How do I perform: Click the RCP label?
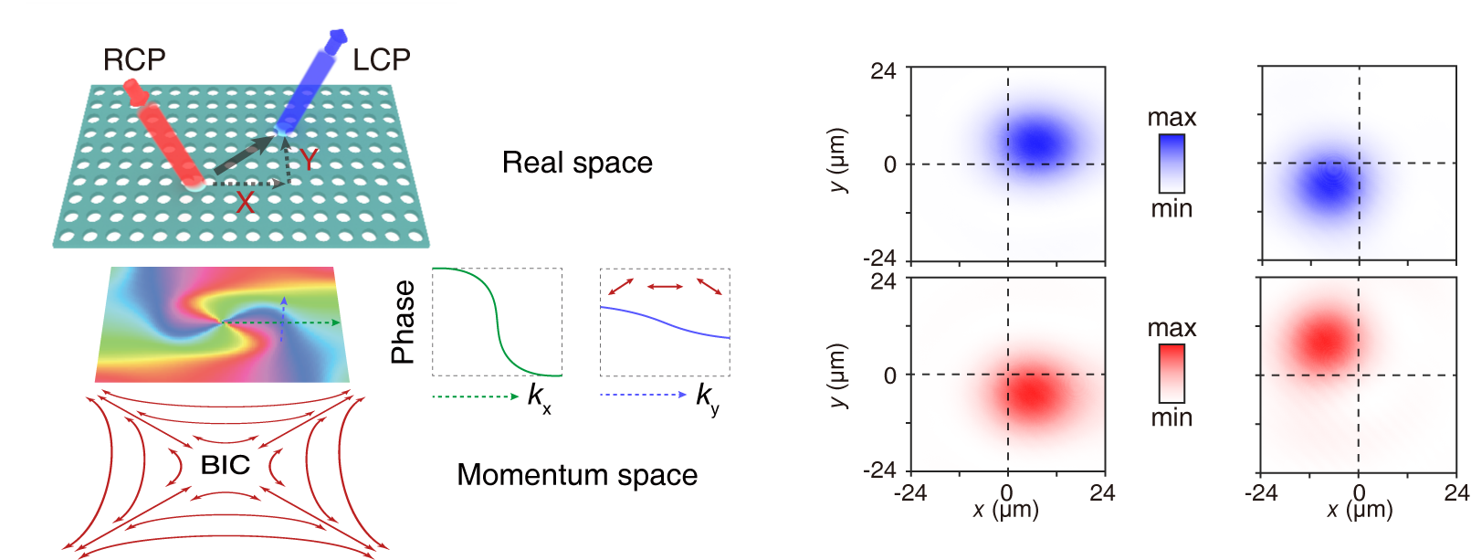[134, 60]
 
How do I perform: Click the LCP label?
[382, 60]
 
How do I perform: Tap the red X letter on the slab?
[245, 203]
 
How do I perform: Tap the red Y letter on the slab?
[310, 160]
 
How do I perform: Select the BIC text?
[225, 465]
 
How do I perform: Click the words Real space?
[577, 163]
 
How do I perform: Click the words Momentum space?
[577, 475]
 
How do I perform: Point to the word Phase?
[403, 322]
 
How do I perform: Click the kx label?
[539, 397]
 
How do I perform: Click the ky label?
[707, 397]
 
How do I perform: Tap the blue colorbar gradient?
[1172, 164]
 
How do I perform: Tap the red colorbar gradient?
[1172, 373]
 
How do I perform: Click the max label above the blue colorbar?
[1172, 118]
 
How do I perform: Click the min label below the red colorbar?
[1172, 417]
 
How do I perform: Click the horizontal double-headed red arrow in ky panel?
[665, 287]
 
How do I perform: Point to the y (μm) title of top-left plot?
[839, 161]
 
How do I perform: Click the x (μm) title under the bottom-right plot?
[1359, 510]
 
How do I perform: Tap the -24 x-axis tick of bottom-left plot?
[909, 493]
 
